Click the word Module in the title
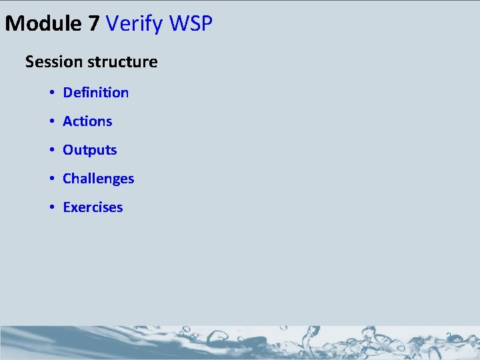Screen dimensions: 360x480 44,24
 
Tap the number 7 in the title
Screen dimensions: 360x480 94,24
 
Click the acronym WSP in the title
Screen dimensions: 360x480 191,24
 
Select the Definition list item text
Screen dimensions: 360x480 95,93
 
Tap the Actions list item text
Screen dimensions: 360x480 87,121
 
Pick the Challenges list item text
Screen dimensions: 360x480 98,179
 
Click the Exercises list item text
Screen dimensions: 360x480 93,207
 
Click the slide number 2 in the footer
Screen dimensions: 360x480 449,337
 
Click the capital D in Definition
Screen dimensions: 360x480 67,93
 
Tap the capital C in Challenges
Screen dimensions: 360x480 67,179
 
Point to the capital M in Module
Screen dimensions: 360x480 15,24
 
